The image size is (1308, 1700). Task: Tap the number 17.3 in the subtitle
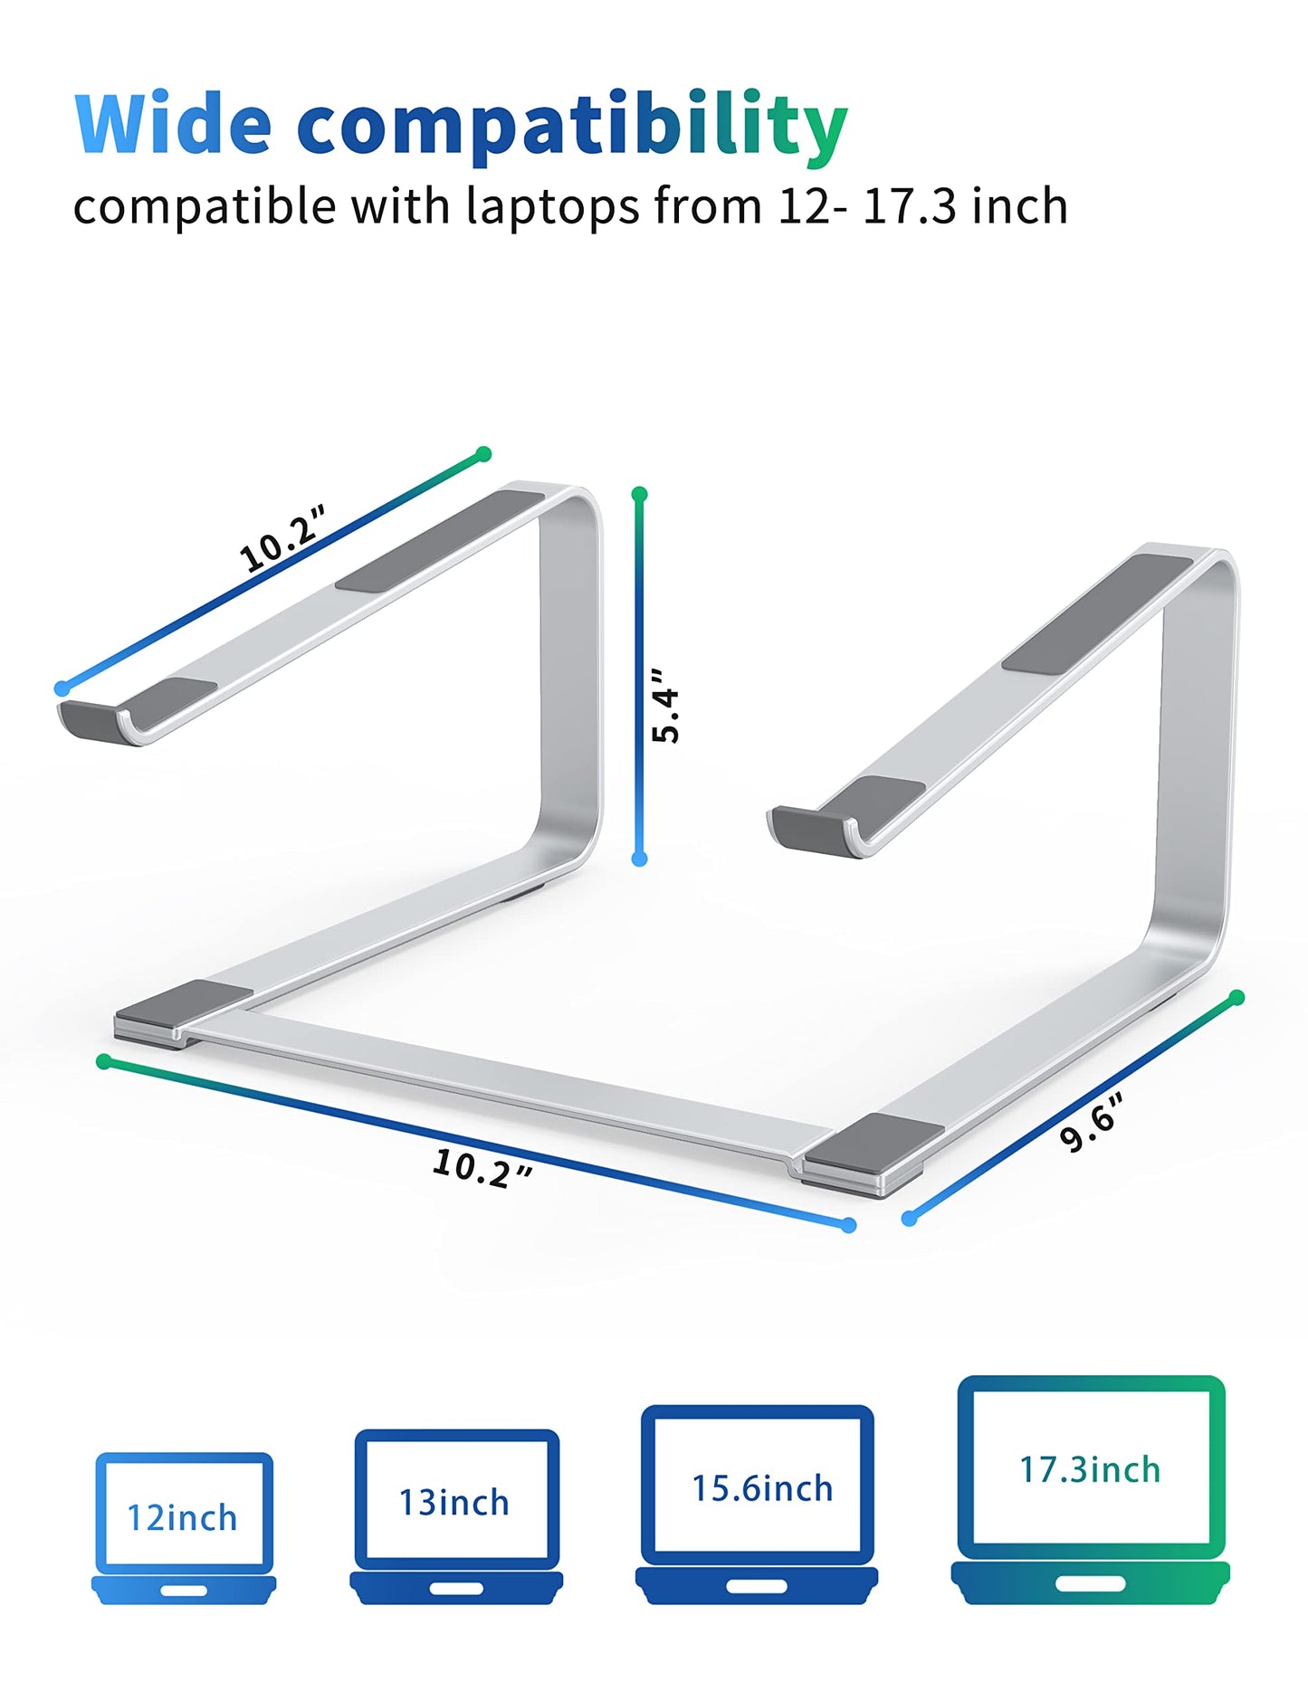909,206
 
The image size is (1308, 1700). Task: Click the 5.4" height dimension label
666,706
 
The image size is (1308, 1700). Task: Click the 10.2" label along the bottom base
482,1168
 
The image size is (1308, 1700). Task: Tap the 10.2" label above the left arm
282,539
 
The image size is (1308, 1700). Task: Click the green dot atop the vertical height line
640,494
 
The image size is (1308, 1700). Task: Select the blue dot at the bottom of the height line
639,859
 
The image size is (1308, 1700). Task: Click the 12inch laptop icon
184,1528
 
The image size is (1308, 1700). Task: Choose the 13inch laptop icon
456,1516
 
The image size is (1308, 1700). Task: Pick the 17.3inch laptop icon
1091,1489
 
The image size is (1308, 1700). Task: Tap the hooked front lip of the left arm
100,721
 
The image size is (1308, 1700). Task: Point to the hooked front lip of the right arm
810,830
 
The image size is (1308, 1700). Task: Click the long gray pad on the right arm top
1097,614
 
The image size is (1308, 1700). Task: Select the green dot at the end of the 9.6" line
1237,997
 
